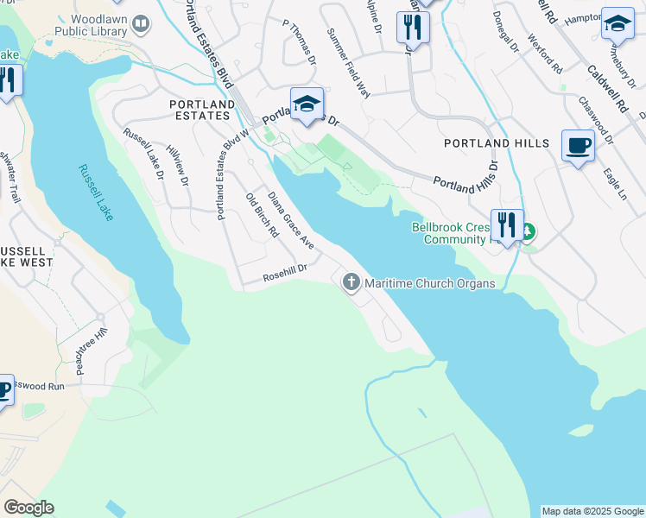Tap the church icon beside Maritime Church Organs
click(x=351, y=282)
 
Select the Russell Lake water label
click(x=95, y=193)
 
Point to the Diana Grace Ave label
click(x=290, y=221)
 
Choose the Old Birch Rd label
click(x=263, y=215)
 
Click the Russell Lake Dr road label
click(x=143, y=154)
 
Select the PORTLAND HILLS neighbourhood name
click(x=496, y=143)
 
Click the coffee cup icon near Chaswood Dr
click(x=577, y=145)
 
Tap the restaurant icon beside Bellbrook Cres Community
click(x=507, y=225)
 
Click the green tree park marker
click(x=527, y=231)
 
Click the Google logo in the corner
click(x=28, y=508)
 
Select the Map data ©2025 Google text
click(x=592, y=511)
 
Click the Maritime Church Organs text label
click(x=429, y=283)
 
